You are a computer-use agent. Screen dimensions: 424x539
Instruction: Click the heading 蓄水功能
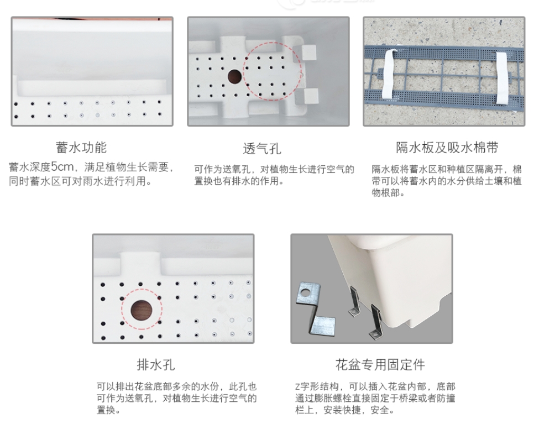[81, 148]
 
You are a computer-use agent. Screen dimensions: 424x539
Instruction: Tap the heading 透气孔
[262, 148]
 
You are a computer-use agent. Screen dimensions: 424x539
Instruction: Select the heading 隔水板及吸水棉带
[447, 148]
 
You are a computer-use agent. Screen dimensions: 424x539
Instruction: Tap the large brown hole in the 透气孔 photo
[235, 76]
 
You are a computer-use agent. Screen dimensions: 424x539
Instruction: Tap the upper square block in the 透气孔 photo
[308, 54]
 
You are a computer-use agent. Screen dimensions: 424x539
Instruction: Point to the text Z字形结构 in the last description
[316, 386]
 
